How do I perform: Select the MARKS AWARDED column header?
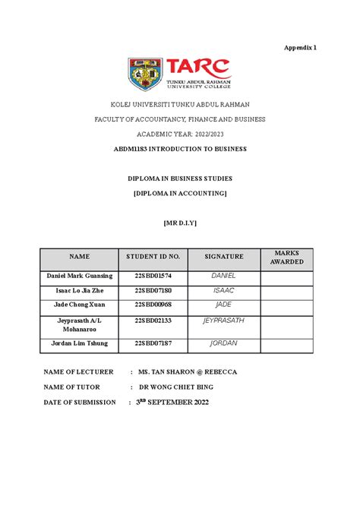(286, 257)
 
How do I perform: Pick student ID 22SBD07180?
(153, 290)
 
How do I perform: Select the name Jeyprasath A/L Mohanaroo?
(78, 327)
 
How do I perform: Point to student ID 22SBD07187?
(153, 343)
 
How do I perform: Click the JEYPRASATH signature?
(223, 321)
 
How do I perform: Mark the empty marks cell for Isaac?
(286, 292)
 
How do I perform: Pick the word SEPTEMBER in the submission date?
(182, 402)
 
